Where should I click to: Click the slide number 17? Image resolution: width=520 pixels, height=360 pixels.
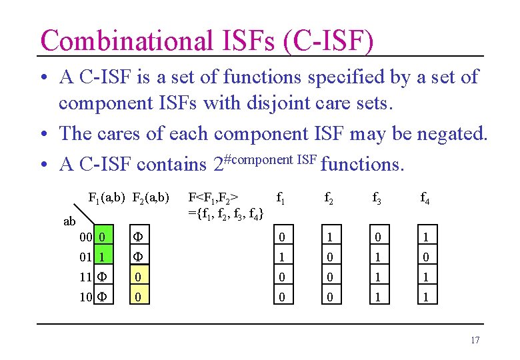tap(475, 341)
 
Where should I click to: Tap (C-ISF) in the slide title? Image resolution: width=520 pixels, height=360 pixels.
tap(328, 40)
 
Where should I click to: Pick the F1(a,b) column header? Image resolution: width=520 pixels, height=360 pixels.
tap(108, 197)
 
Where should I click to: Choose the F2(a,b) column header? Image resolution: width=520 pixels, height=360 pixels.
tap(151, 197)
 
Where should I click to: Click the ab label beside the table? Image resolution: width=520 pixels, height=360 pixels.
tap(69, 221)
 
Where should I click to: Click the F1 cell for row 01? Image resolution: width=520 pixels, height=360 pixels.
tap(101, 257)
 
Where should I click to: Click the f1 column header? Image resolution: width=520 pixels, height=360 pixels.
tap(281, 197)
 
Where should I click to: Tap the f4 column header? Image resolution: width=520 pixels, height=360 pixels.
tap(425, 197)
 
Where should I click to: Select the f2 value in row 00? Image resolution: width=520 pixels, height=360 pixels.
tap(329, 237)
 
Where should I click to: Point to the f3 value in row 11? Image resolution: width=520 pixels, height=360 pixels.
tap(377, 276)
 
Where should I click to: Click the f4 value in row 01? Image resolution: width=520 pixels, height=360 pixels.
tap(425, 257)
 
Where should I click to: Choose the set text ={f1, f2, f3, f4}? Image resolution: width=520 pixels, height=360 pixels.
tap(226, 213)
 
